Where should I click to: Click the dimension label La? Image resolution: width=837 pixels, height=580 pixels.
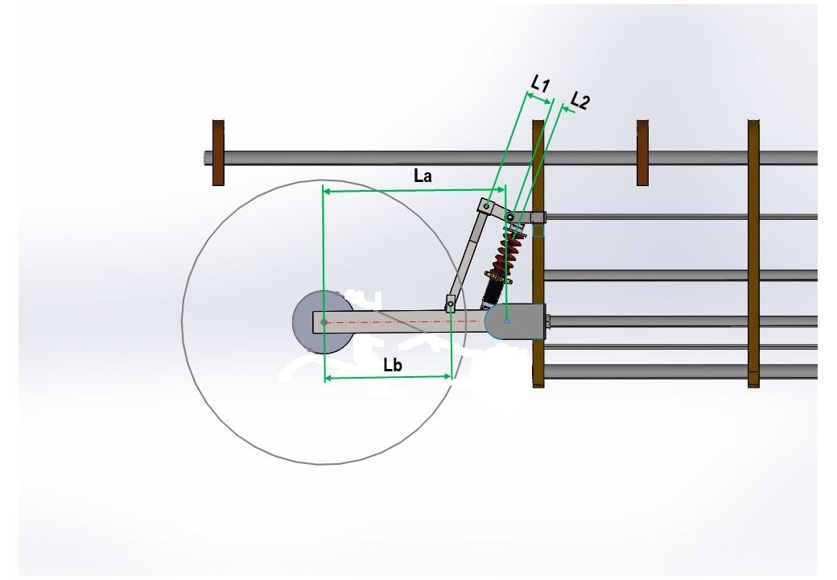pos(423,176)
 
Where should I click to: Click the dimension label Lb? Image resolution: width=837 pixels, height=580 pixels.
pos(393,364)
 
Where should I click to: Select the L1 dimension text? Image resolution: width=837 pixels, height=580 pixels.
pos(540,83)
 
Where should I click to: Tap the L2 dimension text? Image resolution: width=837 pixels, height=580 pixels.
pos(580,101)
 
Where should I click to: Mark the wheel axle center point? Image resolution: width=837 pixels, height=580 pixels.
pos(324,322)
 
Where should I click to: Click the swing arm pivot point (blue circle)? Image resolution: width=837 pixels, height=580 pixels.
pos(506,321)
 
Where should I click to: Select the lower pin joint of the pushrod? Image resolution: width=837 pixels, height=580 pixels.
pos(451,304)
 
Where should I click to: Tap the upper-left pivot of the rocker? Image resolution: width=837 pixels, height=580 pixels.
pos(486,206)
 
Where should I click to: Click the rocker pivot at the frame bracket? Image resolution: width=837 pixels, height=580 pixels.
pos(510,217)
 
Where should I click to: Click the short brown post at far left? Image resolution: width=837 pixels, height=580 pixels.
pos(218,153)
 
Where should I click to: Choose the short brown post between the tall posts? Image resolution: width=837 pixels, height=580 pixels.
pos(642,153)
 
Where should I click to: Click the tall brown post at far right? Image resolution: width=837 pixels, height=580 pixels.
pos(753,254)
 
